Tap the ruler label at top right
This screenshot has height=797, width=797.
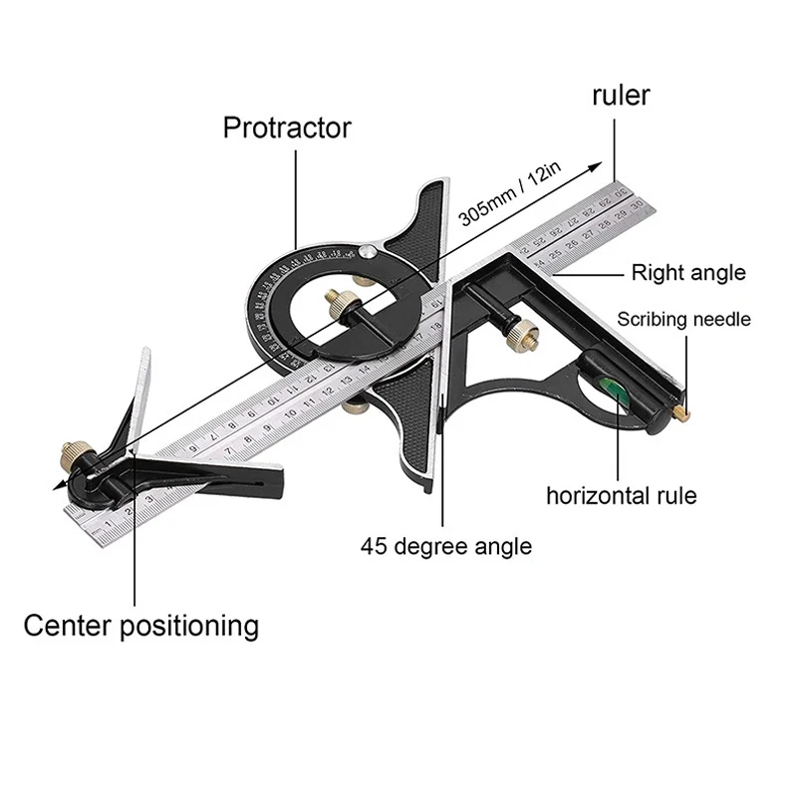pos(621,96)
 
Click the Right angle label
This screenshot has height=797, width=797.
pos(688,272)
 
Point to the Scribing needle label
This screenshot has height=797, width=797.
pos(683,320)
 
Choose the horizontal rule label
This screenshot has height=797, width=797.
pos(621,495)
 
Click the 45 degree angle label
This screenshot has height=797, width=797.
pos(446,546)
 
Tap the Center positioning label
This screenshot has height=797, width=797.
pos(140,626)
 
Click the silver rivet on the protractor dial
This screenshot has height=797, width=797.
pos(369,253)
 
